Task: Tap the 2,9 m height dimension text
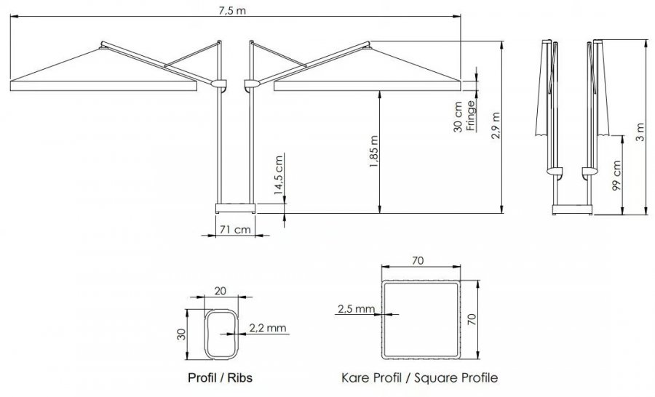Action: (x=496, y=126)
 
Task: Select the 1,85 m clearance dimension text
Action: (x=373, y=152)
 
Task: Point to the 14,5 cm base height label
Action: (x=279, y=175)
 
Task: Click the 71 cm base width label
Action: (x=235, y=229)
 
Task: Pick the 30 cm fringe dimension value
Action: (x=458, y=117)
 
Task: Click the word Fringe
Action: (x=471, y=116)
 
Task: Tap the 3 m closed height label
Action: (x=640, y=132)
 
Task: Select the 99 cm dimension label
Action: (x=616, y=175)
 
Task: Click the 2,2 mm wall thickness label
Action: (x=268, y=328)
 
